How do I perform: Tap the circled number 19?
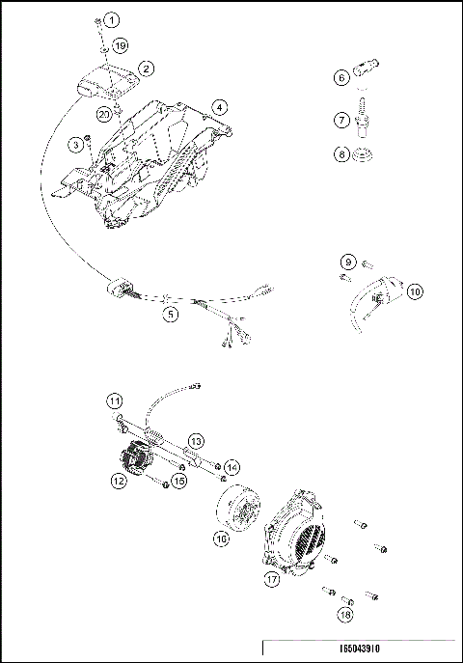click(x=120, y=45)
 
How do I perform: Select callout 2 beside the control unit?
click(x=147, y=69)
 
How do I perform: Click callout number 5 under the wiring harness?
click(x=170, y=313)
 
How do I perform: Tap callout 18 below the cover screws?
click(x=345, y=614)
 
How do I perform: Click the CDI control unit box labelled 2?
click(x=98, y=78)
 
